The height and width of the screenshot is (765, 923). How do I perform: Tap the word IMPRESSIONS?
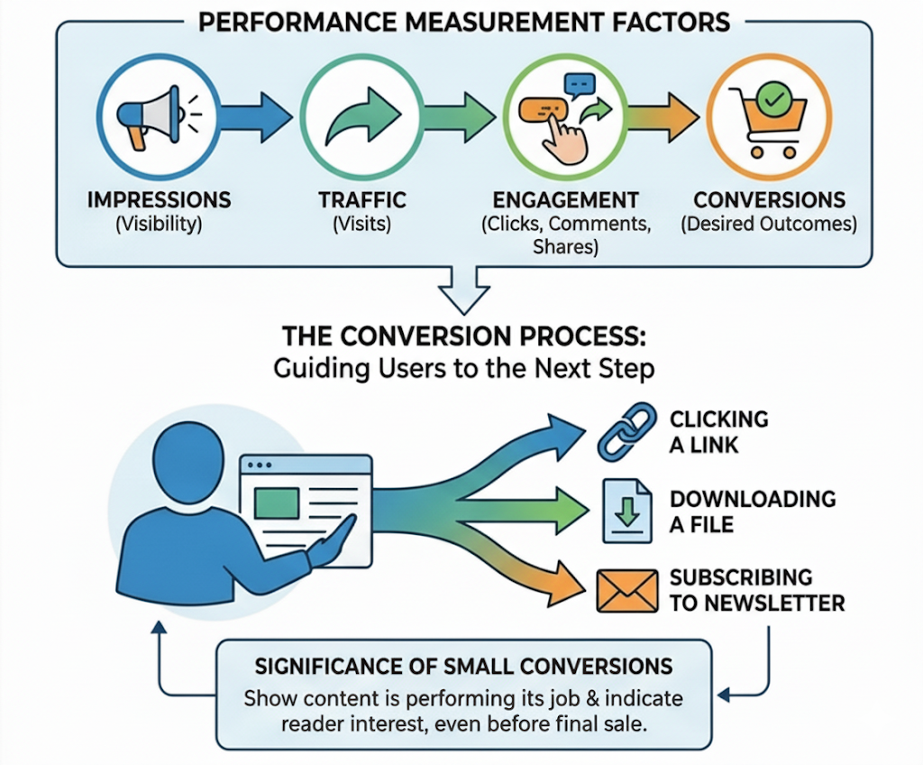point(159,200)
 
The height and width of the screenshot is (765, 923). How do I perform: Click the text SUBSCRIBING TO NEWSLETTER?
point(755,590)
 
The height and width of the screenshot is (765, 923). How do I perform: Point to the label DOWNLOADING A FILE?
point(752,512)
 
